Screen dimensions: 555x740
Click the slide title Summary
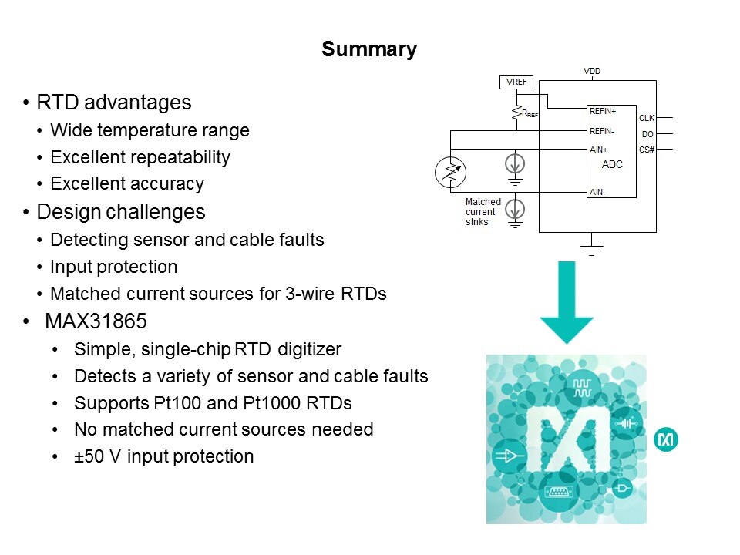tap(369, 50)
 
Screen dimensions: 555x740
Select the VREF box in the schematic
tap(516, 82)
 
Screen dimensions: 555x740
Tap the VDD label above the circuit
tap(591, 72)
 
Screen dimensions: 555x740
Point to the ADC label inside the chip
tap(612, 164)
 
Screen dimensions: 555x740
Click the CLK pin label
tap(646, 119)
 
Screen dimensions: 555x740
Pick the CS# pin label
tap(647, 149)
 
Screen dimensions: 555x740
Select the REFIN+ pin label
tap(603, 111)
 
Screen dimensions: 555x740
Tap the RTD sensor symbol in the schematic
tap(450, 172)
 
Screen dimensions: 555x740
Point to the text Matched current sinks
tap(483, 211)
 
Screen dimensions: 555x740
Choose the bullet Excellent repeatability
tap(140, 157)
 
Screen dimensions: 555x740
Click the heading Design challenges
tap(120, 212)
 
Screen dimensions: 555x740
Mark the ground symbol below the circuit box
tap(591, 249)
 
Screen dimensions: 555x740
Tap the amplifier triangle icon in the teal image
tap(510, 456)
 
